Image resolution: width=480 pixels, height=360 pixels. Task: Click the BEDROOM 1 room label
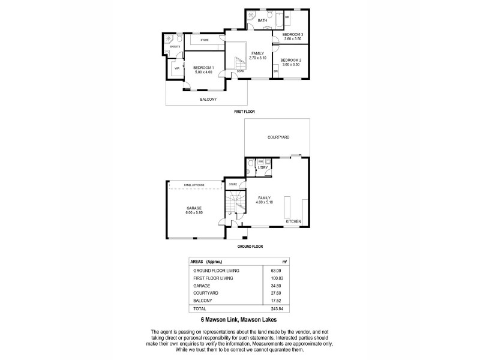click(203, 67)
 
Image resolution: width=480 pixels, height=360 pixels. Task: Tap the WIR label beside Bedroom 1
click(176, 69)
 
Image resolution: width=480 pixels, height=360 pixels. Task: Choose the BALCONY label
click(208, 99)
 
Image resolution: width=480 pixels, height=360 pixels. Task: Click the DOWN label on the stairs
click(240, 71)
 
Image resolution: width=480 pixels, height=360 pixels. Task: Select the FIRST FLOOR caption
click(245, 112)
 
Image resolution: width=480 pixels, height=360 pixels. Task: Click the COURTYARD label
click(278, 137)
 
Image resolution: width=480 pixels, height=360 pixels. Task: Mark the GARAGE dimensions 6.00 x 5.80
click(193, 212)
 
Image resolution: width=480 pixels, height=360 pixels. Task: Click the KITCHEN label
click(293, 221)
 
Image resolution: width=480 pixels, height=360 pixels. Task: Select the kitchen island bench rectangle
click(287, 208)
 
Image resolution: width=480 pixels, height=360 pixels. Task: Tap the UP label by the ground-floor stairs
click(230, 214)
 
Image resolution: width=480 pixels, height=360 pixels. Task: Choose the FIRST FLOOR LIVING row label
click(213, 278)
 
